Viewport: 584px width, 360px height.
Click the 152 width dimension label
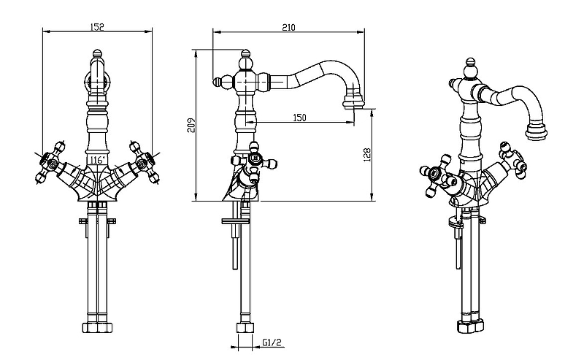[x=98, y=27]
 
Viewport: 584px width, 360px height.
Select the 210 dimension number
[x=288, y=27]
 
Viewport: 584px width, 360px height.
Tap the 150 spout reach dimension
[x=299, y=118]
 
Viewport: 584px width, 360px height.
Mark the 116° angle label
[x=96, y=158]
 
